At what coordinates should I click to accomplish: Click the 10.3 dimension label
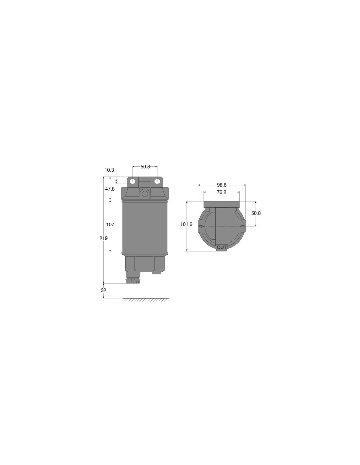pyautogui.click(x=109, y=170)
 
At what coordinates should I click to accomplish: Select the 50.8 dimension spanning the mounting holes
pyautogui.click(x=145, y=167)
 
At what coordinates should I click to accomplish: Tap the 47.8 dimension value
pyautogui.click(x=110, y=189)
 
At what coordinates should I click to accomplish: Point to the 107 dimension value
pyautogui.click(x=110, y=224)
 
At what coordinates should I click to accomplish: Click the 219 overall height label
pyautogui.click(x=103, y=238)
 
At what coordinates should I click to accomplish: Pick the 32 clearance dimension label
pyautogui.click(x=103, y=290)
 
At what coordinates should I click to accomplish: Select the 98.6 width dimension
pyautogui.click(x=222, y=185)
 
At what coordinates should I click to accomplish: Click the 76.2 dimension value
pyautogui.click(x=222, y=192)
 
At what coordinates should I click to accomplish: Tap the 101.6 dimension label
pyautogui.click(x=186, y=224)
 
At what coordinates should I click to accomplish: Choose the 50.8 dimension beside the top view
pyautogui.click(x=256, y=213)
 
